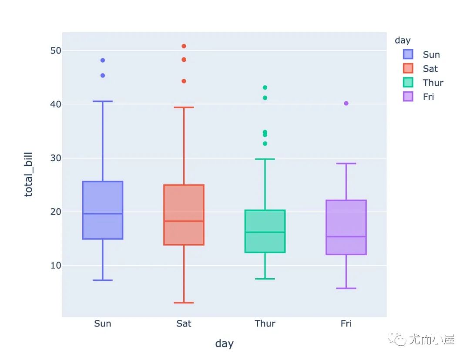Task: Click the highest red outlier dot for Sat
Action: click(x=184, y=46)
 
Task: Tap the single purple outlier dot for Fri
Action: click(x=346, y=104)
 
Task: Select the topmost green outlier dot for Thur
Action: click(x=265, y=87)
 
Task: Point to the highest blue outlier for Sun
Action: click(x=103, y=61)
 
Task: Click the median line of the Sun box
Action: click(x=103, y=213)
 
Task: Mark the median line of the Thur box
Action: click(x=265, y=232)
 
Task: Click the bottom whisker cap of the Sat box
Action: click(x=184, y=303)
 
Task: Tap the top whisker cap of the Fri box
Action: click(x=346, y=164)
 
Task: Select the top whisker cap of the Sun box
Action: click(x=103, y=101)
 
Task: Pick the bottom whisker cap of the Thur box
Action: click(x=265, y=279)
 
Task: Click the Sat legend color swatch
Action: click(x=408, y=68)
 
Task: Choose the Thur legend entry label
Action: click(x=433, y=83)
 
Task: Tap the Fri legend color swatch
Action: click(x=408, y=97)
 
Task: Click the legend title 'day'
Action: click(x=403, y=40)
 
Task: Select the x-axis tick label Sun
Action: click(x=103, y=323)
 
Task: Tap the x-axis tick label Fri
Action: click(x=346, y=323)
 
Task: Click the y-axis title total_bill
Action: click(x=29, y=175)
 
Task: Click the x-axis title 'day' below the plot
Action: click(x=224, y=343)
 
